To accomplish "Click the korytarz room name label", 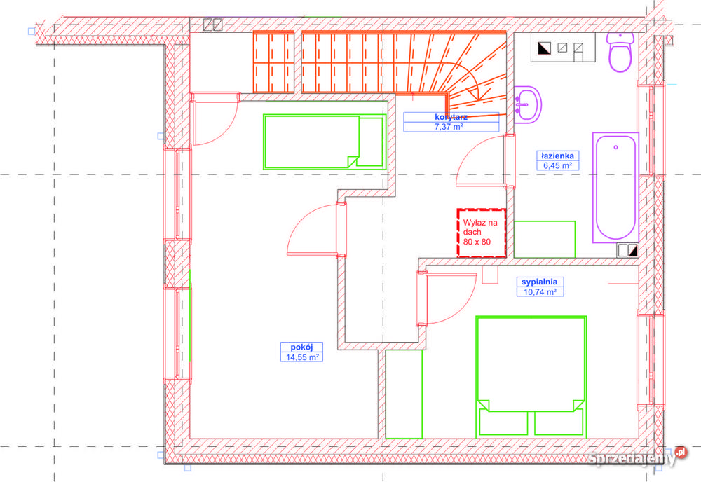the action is (x=451, y=117).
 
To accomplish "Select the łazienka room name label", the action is (x=557, y=156).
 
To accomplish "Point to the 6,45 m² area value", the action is (x=557, y=166).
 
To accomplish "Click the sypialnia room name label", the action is (x=540, y=282).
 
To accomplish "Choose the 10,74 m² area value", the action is (x=540, y=292).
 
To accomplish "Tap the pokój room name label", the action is (x=301, y=347).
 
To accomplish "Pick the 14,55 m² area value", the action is (x=302, y=357).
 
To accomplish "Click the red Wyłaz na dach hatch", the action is (x=482, y=233).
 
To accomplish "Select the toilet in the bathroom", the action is (x=620, y=51).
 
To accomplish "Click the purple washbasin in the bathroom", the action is (x=528, y=105).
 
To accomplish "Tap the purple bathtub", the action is (x=615, y=188).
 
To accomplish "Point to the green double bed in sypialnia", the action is (x=531, y=376).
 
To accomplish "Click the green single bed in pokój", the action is (x=325, y=142).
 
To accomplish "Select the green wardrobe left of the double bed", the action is (x=404, y=394).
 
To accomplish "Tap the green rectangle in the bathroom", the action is (x=544, y=240).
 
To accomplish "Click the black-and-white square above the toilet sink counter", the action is (x=544, y=48).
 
